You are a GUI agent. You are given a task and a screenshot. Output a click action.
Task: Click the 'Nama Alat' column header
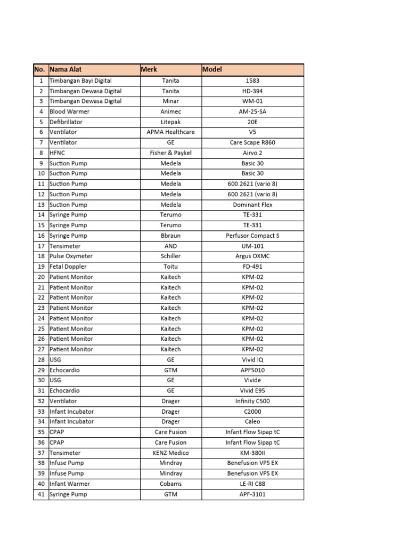tap(66, 69)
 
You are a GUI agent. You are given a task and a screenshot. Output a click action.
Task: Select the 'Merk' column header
tap(149, 69)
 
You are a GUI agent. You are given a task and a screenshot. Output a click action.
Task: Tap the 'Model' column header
tap(212, 69)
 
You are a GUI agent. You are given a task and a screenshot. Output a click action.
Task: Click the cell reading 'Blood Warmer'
tap(69, 111)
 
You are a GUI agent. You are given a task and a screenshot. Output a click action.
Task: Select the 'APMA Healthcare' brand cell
tap(170, 132)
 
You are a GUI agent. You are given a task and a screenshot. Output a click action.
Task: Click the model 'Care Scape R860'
tap(252, 143)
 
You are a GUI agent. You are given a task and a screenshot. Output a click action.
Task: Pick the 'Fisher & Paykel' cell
tap(170, 153)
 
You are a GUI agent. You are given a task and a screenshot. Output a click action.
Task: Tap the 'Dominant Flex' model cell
tap(252, 205)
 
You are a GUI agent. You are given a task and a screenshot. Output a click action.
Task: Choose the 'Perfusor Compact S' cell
tap(252, 236)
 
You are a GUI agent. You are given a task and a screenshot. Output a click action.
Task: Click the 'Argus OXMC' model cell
tap(252, 256)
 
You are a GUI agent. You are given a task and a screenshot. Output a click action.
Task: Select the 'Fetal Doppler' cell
tap(68, 267)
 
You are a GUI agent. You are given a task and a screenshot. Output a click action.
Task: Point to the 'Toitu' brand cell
tap(170, 267)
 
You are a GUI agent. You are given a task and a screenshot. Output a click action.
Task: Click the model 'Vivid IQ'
tap(252, 360)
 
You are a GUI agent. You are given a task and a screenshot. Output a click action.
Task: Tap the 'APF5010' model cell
tap(252, 370)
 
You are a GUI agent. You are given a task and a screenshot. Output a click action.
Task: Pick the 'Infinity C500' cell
tap(252, 401)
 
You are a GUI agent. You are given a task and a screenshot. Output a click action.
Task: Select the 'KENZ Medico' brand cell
tap(170, 453)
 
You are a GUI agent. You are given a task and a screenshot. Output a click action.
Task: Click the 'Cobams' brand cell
tap(170, 484)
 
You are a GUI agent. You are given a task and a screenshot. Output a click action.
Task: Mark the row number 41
tap(40, 494)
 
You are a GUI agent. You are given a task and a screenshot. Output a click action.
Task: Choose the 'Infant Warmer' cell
tap(70, 484)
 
